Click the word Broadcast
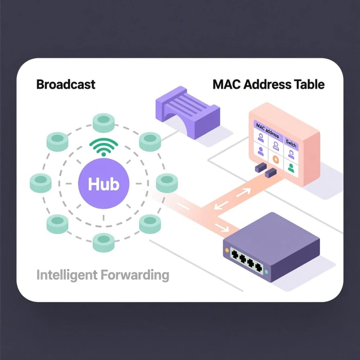[x=66, y=85]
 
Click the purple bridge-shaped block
[x=188, y=114]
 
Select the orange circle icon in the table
[x=276, y=160]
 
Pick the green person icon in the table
[x=292, y=167]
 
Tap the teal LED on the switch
[x=265, y=270]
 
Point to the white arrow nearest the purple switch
[x=223, y=227]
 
